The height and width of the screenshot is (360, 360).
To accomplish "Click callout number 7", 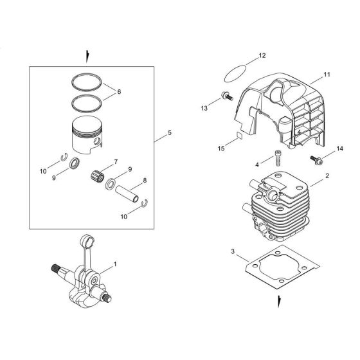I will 115,161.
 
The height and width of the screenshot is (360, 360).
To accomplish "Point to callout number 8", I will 144,181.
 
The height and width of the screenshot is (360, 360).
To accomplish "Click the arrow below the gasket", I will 278,300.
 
